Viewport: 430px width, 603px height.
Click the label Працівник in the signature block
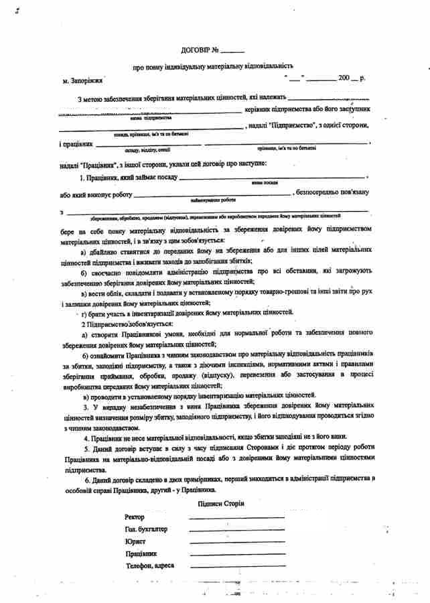(141, 553)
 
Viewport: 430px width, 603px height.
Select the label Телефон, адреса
(149, 565)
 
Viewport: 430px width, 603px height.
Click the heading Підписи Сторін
(222, 503)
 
